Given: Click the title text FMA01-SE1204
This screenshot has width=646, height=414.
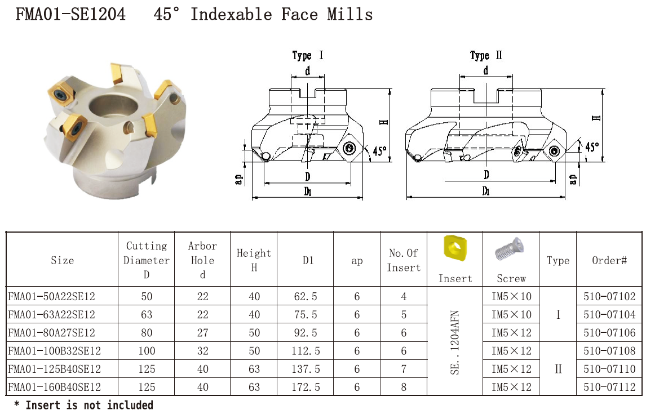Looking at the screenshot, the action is tap(70, 15).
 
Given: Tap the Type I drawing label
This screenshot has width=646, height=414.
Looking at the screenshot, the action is tap(307, 55).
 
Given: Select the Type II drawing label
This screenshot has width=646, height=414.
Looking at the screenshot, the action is tap(486, 55).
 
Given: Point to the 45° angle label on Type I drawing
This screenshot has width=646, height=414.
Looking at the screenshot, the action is tap(380, 151).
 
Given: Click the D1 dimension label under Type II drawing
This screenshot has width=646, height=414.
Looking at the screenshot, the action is tap(486, 191).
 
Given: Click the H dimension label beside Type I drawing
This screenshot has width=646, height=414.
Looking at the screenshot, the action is tap(383, 122).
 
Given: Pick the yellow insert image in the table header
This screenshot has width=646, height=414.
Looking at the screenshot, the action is tap(455, 248).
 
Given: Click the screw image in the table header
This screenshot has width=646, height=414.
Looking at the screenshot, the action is tap(510, 248).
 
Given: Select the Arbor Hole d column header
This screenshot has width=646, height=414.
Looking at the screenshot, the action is tap(202, 260).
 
